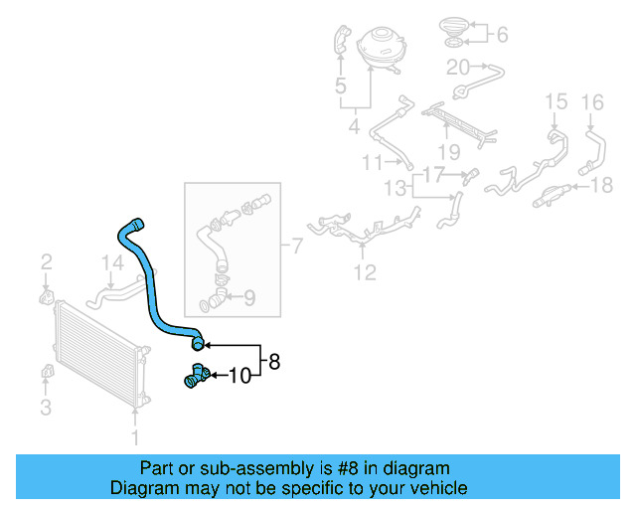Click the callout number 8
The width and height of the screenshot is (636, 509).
point(274,361)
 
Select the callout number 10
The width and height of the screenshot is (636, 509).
point(240,376)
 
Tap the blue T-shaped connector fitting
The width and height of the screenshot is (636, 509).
point(197,376)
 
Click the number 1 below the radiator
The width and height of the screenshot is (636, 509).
point(135,438)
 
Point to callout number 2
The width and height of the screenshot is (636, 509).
point(47,262)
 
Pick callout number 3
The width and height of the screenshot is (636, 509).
point(46,408)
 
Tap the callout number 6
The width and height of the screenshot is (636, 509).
point(503,35)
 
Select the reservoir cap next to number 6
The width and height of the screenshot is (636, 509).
point(454,27)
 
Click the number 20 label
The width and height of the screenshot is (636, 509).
point(458,68)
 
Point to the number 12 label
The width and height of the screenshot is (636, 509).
point(365,272)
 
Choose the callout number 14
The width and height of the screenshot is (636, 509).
point(112,263)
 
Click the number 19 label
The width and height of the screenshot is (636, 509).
point(449,153)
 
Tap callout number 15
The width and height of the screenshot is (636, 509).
point(556,101)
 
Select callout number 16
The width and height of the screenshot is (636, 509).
point(592,102)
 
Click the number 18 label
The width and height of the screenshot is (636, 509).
point(601,186)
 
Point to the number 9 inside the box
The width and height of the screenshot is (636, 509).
point(249,297)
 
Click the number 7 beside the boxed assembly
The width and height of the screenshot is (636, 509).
point(297,246)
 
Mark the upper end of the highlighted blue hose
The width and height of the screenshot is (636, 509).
point(137,224)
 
